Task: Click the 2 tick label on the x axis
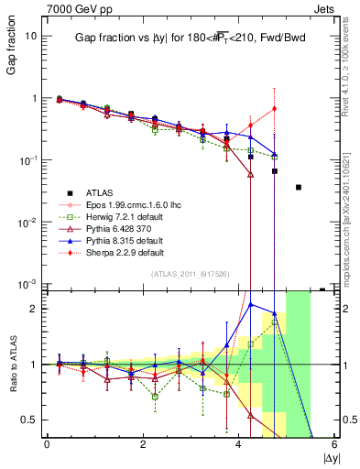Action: click(x=143, y=444)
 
